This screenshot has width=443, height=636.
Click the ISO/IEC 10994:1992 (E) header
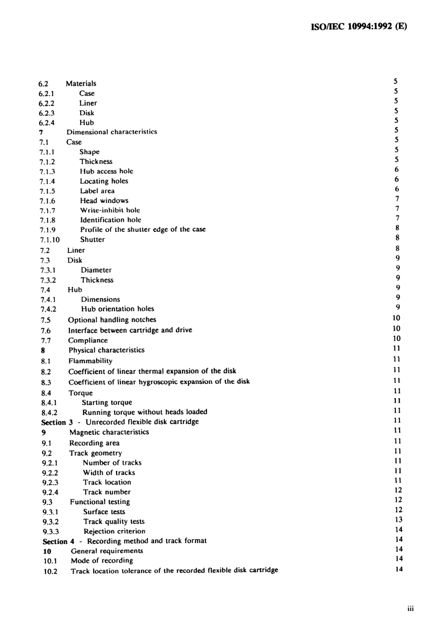coord(358,27)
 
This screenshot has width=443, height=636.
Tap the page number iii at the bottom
coord(410,608)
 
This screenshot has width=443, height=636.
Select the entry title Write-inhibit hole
coord(110,210)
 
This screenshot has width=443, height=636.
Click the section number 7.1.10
coord(49,240)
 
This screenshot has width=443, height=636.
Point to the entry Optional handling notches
coord(112,320)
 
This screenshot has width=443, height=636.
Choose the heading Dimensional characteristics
coord(111,132)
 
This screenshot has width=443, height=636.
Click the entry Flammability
coord(90,361)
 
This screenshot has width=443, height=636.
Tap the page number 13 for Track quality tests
coord(398,520)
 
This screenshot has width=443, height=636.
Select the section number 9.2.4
coord(50,492)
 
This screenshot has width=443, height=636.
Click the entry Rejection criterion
coord(114,531)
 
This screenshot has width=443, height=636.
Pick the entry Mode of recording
coord(102,561)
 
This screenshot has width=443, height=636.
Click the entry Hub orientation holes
coord(118,309)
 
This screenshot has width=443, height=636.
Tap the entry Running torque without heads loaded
coord(145,412)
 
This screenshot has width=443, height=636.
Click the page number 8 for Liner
coord(397,249)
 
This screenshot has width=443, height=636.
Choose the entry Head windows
coord(104,201)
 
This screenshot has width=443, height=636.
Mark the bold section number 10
coord(47,552)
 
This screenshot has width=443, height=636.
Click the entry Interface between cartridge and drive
coord(130,330)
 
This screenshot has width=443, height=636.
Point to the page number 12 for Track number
coord(398,490)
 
